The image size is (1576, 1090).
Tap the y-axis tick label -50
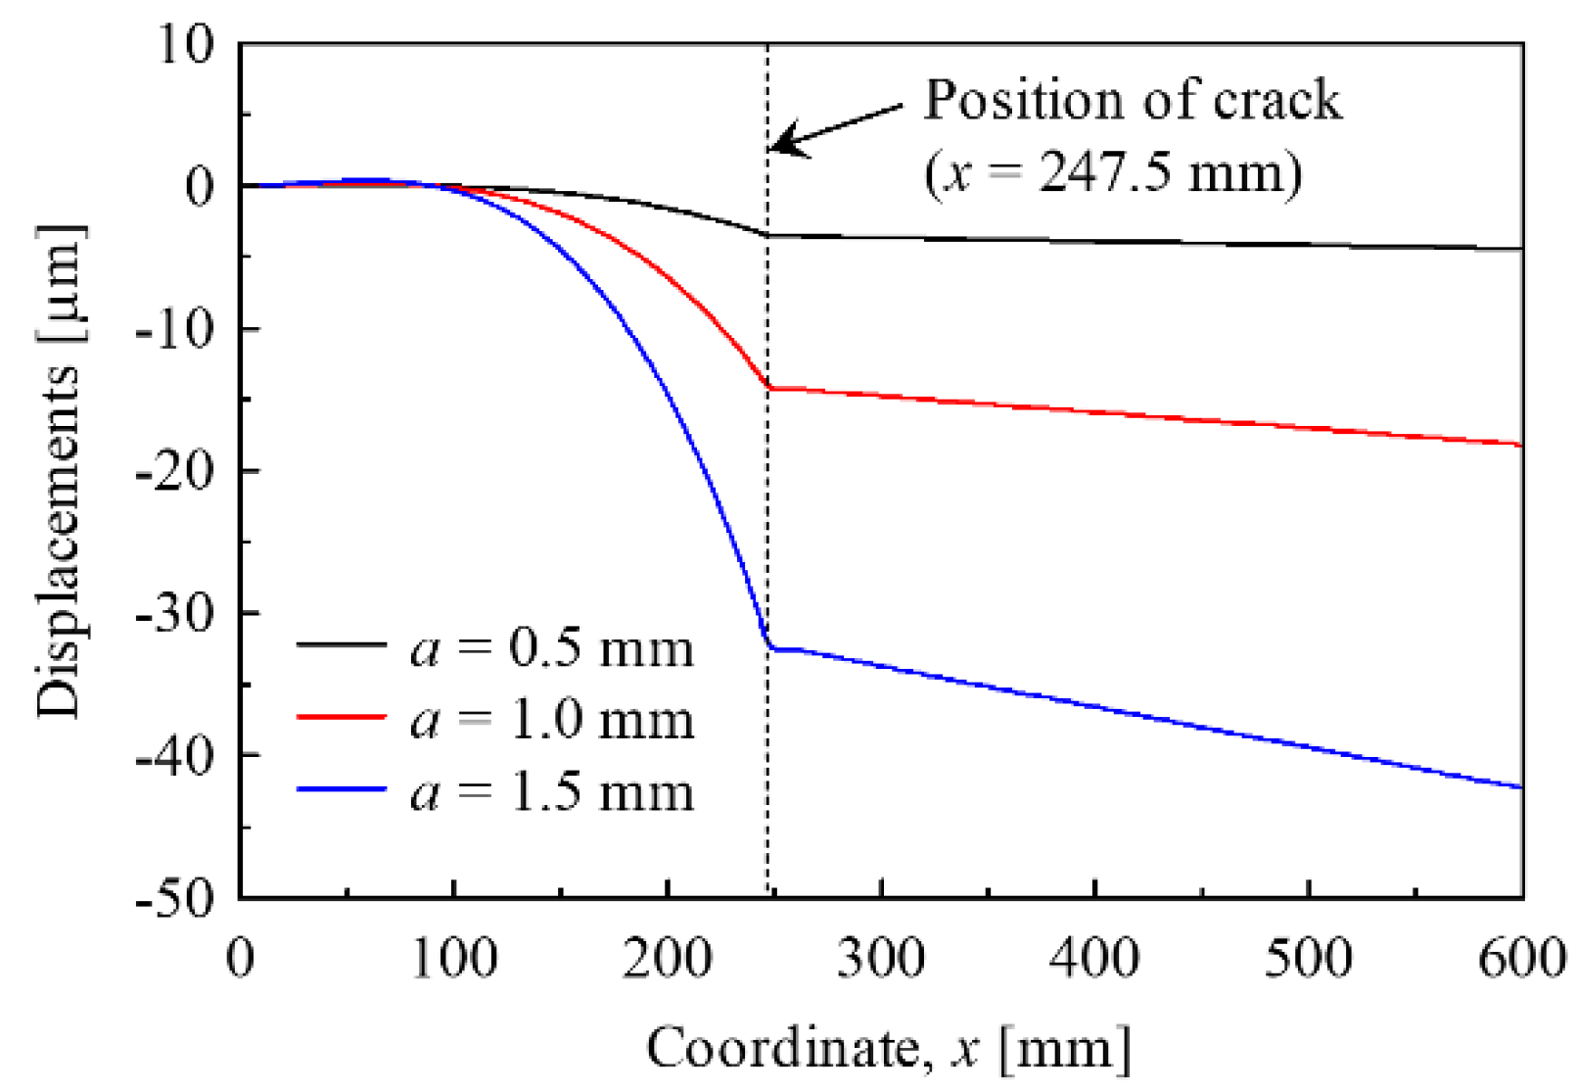coord(173,899)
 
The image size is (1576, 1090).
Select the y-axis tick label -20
coord(173,472)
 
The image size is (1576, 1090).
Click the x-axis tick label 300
coord(881,957)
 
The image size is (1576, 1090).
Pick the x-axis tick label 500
coord(1309,957)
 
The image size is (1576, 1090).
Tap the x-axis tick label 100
coord(453,957)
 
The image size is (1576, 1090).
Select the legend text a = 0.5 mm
coord(552,647)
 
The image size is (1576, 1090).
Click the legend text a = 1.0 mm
coord(552,720)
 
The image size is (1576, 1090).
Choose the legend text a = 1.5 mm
coord(552,791)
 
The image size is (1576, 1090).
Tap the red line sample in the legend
coord(342,717)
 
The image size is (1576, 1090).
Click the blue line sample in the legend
coord(342,789)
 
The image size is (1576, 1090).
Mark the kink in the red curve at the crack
coord(769,388)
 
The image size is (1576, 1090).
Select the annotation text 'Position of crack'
coord(1133,100)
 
